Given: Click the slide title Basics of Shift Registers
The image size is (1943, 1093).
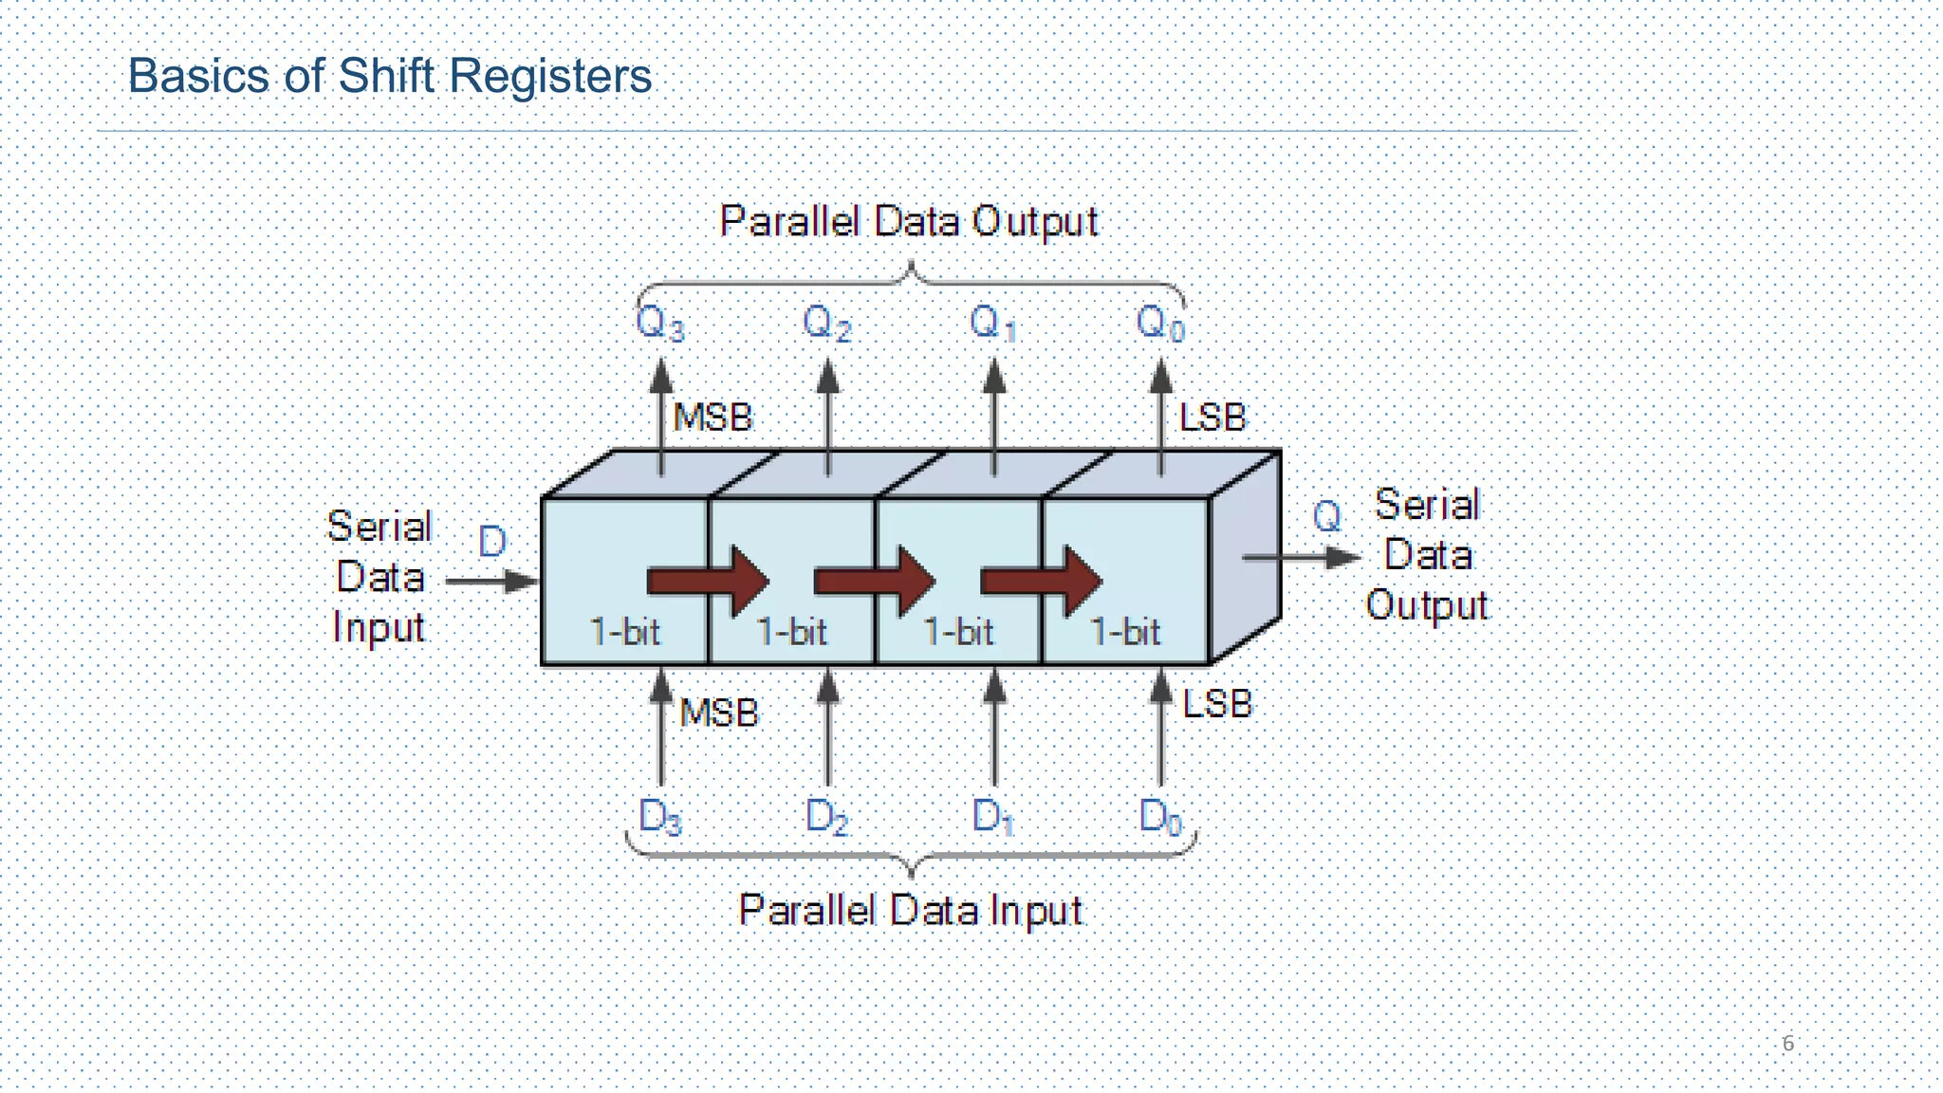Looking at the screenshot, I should pos(389,76).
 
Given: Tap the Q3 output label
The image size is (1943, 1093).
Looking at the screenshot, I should pos(659,324).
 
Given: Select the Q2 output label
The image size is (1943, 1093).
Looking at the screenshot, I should pos(826,324).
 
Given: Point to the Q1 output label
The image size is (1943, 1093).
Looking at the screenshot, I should pos(992,324).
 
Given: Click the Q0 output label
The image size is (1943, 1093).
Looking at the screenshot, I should pos(1160,324).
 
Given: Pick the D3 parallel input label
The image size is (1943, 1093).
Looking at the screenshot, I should pos(659,816).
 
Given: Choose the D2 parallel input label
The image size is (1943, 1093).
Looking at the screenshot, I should pos(826,816).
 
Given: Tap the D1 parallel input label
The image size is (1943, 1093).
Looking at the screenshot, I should pos(992,816).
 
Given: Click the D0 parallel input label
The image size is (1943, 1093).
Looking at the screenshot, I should pos(1160,816).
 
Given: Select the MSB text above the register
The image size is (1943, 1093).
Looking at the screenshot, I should pos(712,417).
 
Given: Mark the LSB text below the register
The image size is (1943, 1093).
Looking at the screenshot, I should pos(1217,704).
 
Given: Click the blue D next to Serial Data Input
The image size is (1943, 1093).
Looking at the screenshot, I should pos(492,542).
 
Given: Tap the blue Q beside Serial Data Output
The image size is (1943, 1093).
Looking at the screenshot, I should pos(1326,517).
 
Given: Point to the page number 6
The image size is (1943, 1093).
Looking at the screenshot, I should pos(1788,1043).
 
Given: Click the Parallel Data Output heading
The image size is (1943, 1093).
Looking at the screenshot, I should pos(908,222).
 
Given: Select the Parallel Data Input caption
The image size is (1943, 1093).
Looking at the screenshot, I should pos(910,911).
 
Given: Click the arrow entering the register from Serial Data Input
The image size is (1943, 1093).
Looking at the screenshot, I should pos(491,581).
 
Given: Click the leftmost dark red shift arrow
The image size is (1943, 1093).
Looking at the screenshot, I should pos(707,581).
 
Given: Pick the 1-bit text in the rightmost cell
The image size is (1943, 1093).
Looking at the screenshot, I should pos(1124,632).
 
